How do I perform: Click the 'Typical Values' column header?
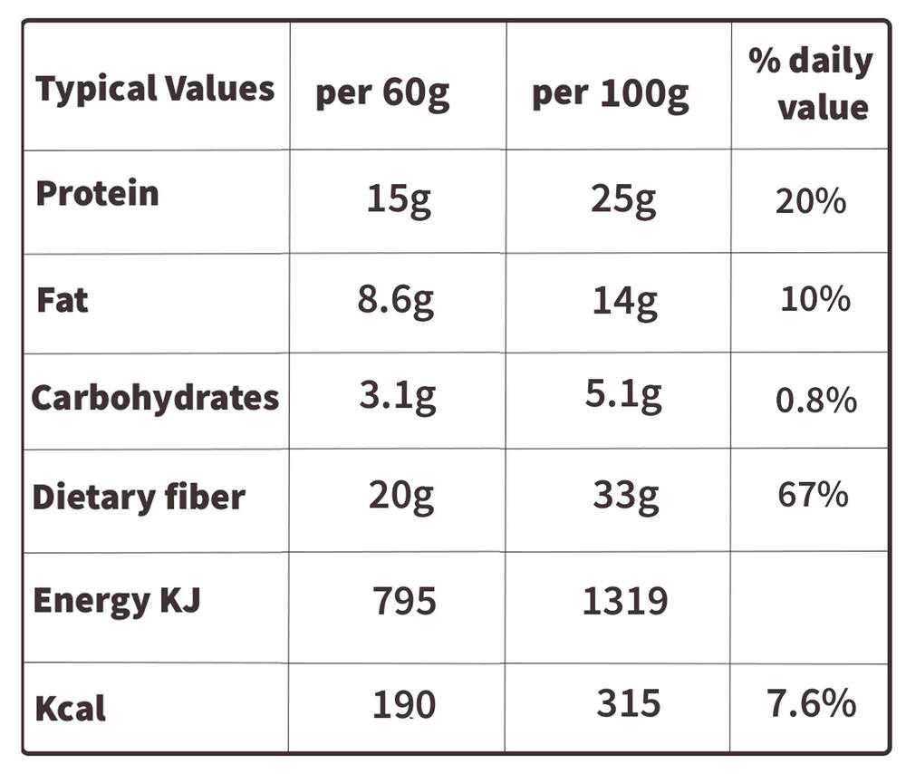point(155,90)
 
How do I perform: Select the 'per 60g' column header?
point(382,93)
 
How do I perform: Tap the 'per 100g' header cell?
point(610,94)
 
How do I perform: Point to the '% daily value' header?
point(811,83)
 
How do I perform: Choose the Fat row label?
point(63,300)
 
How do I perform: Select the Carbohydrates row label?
point(156,398)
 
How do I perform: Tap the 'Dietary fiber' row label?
point(139,497)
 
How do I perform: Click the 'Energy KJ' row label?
point(117,601)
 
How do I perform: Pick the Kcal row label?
point(71,708)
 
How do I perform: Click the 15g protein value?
point(399,200)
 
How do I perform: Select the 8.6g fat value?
point(395,301)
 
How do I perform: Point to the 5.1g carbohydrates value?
point(623,395)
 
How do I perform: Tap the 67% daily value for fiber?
point(813,495)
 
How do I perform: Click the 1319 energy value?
point(624,601)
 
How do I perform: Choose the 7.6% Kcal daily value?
point(811,703)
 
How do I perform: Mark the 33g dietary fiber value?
point(625,497)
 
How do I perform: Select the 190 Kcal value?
point(403,704)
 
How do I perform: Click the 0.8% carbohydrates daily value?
point(816,400)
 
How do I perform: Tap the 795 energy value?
point(404,601)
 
